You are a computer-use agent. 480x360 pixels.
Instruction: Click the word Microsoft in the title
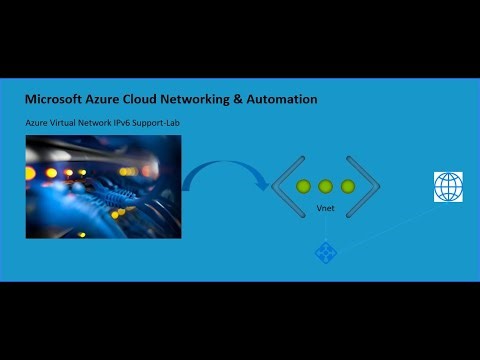point(57,100)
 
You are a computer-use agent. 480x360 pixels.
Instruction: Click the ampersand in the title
point(261,100)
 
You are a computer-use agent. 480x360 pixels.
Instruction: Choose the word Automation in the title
point(293,100)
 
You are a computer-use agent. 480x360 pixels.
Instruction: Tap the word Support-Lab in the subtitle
point(160,122)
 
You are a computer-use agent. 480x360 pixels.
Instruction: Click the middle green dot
point(325,186)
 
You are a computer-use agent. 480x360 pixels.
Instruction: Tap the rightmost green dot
point(347,186)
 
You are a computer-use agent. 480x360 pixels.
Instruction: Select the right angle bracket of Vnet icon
point(367,186)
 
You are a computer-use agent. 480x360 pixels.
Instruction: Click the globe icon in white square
point(448,187)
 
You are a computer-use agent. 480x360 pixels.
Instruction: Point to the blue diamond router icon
point(325,253)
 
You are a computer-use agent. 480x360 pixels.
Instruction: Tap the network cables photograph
point(103,186)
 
